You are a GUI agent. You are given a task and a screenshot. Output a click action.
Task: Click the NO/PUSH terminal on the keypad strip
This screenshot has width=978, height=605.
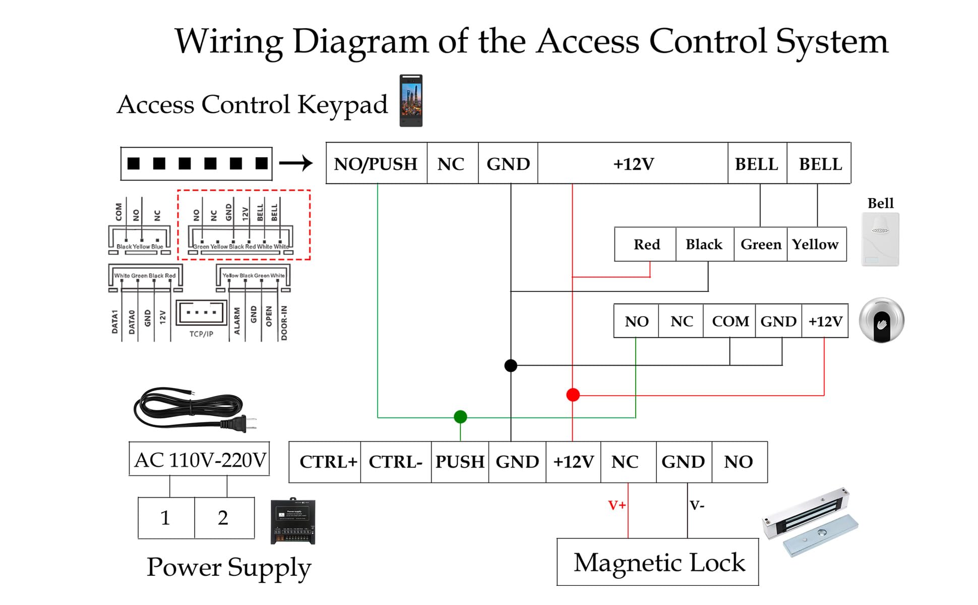pyautogui.click(x=376, y=164)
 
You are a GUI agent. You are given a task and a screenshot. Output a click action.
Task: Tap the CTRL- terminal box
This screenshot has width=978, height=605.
pyautogui.click(x=396, y=462)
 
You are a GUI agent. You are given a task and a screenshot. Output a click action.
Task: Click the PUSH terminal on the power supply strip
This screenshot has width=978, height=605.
pyautogui.click(x=460, y=462)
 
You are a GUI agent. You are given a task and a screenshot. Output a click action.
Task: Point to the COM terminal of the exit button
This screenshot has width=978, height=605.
pyautogui.click(x=730, y=321)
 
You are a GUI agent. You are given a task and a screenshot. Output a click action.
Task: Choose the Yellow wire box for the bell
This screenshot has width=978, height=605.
pyautogui.click(x=816, y=245)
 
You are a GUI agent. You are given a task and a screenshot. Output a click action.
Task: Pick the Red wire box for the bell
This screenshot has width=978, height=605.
pyautogui.click(x=646, y=245)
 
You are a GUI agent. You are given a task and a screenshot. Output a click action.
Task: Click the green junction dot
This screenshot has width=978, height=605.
pyautogui.click(x=460, y=417)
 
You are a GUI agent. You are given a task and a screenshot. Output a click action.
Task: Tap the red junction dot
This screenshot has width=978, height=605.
pyautogui.click(x=573, y=395)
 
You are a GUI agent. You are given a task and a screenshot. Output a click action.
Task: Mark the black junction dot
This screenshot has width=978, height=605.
pyautogui.click(x=511, y=366)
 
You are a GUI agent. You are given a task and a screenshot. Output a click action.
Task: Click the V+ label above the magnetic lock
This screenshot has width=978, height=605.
pyautogui.click(x=617, y=505)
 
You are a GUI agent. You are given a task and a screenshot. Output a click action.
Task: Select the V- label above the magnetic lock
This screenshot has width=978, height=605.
pyautogui.click(x=697, y=505)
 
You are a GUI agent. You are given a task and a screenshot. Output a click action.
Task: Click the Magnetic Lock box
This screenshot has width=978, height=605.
pyautogui.click(x=658, y=562)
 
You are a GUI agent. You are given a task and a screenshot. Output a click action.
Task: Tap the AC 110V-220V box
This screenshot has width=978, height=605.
pyautogui.click(x=200, y=459)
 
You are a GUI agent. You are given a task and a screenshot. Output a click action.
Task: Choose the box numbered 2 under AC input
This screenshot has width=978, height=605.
pyautogui.click(x=223, y=518)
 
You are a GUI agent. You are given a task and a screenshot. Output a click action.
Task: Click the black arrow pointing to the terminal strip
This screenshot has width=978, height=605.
pyautogui.click(x=296, y=163)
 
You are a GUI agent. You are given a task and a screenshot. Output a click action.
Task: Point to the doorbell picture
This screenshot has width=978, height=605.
pyautogui.click(x=880, y=239)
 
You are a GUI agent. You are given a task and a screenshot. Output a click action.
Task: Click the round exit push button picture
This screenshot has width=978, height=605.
pyautogui.click(x=881, y=321)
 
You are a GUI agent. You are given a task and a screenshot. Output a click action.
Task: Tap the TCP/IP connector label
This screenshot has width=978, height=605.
pyautogui.click(x=201, y=334)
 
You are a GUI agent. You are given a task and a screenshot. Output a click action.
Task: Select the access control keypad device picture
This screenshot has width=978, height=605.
pyautogui.click(x=411, y=101)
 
